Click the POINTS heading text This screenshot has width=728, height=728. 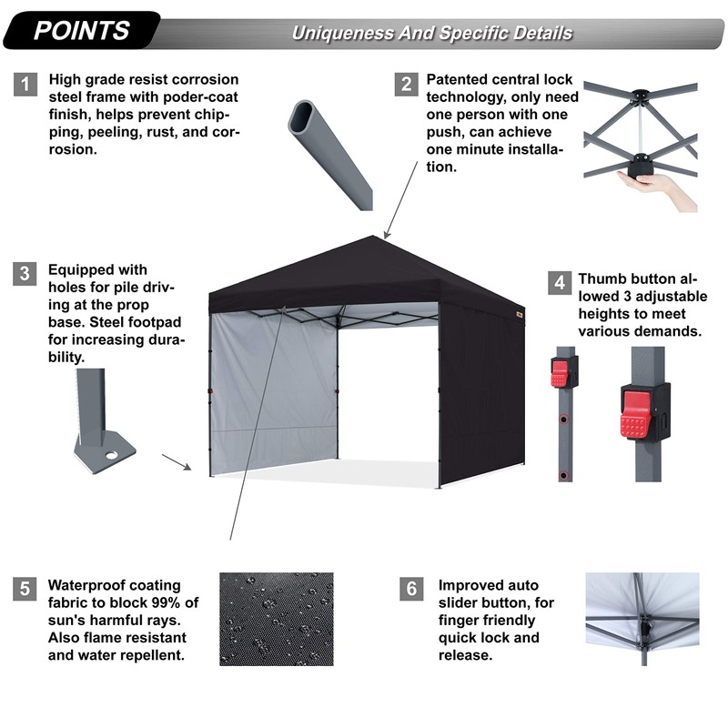tap(81, 30)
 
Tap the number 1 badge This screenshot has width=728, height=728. tap(26, 85)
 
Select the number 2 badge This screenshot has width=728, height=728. tap(405, 85)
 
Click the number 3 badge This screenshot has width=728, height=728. tap(26, 273)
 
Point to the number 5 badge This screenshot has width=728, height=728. tap(26, 589)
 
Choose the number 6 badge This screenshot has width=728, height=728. tap(411, 589)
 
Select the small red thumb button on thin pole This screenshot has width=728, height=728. tap(560, 371)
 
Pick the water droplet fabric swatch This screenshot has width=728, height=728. tap(277, 618)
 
